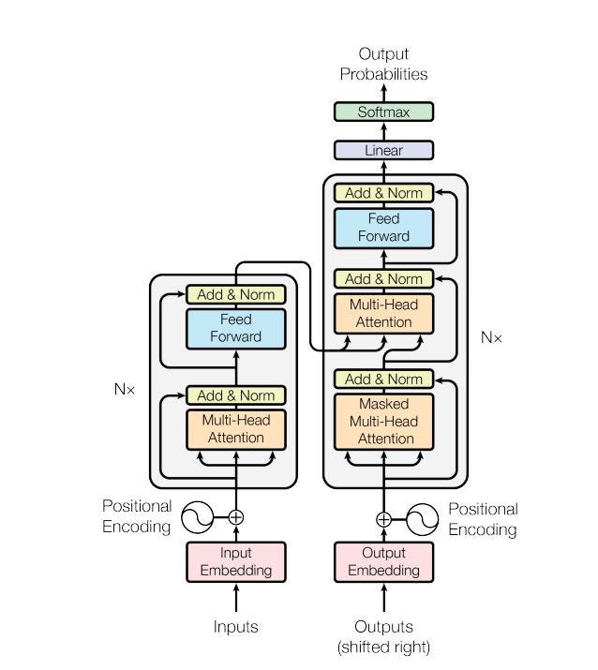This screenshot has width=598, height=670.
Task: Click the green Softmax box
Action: (x=384, y=112)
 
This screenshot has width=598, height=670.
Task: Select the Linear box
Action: (x=384, y=150)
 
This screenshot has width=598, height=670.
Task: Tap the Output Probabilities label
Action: (x=383, y=64)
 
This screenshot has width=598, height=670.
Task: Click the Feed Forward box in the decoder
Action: (x=384, y=228)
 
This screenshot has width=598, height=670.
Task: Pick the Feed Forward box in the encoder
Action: (x=235, y=328)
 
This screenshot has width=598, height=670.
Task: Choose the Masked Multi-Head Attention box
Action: (x=384, y=421)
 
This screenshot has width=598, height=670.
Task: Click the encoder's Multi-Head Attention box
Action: (x=235, y=429)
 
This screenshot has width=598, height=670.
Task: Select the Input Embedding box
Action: (x=235, y=561)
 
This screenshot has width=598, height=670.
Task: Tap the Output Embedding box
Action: (x=384, y=561)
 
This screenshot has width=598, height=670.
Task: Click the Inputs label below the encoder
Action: (x=235, y=627)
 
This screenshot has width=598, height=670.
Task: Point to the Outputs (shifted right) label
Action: (x=383, y=635)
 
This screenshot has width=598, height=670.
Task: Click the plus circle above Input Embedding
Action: (x=235, y=516)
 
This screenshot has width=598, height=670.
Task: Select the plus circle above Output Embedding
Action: (x=384, y=518)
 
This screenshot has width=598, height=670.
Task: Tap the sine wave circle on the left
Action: (x=198, y=516)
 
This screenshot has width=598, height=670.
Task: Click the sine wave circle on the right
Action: (x=422, y=518)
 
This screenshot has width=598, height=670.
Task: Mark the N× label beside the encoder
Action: (x=125, y=388)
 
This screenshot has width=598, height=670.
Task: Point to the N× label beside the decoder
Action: (x=491, y=337)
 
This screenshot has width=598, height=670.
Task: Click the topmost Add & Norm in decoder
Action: (x=384, y=193)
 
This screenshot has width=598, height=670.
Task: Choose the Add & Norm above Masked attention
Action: (x=384, y=380)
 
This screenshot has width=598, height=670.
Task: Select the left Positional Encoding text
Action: (x=137, y=516)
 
